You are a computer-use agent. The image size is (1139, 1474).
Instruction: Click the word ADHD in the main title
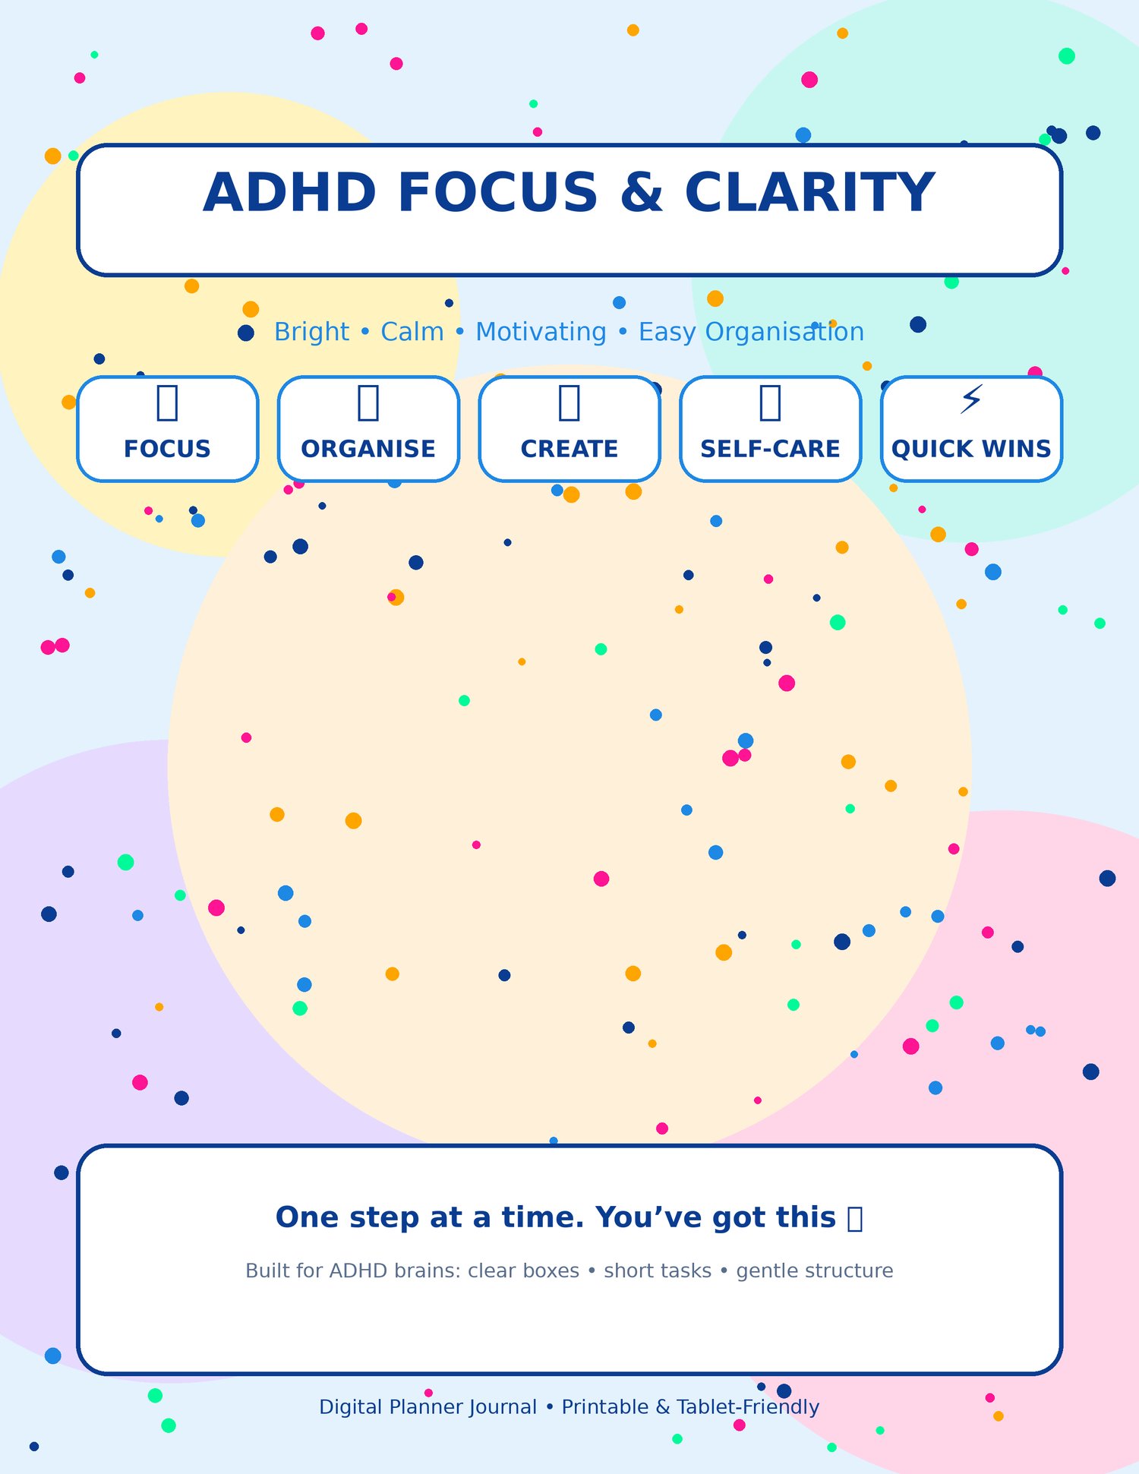pos(290,192)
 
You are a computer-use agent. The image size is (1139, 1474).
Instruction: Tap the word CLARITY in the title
pos(810,192)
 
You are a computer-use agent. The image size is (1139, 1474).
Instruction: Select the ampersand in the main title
pos(642,192)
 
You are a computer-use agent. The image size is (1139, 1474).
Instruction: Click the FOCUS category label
pos(167,449)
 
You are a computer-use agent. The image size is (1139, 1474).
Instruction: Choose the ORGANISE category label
pos(368,449)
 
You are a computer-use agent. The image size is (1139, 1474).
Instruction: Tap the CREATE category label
pos(569,449)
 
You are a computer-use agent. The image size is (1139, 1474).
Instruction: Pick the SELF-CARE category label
pos(770,449)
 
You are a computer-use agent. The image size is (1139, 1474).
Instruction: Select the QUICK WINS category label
pos(971,449)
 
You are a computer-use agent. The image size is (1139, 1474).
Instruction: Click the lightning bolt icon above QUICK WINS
pos(971,399)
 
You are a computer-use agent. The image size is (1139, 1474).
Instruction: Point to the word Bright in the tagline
pos(311,332)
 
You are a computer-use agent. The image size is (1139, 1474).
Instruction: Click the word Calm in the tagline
pos(412,332)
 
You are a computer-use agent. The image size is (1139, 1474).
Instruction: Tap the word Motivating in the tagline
pos(541,332)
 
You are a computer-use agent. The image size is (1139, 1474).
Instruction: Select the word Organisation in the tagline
pos(784,332)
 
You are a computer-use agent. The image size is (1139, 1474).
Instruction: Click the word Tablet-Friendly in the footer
pos(748,1407)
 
